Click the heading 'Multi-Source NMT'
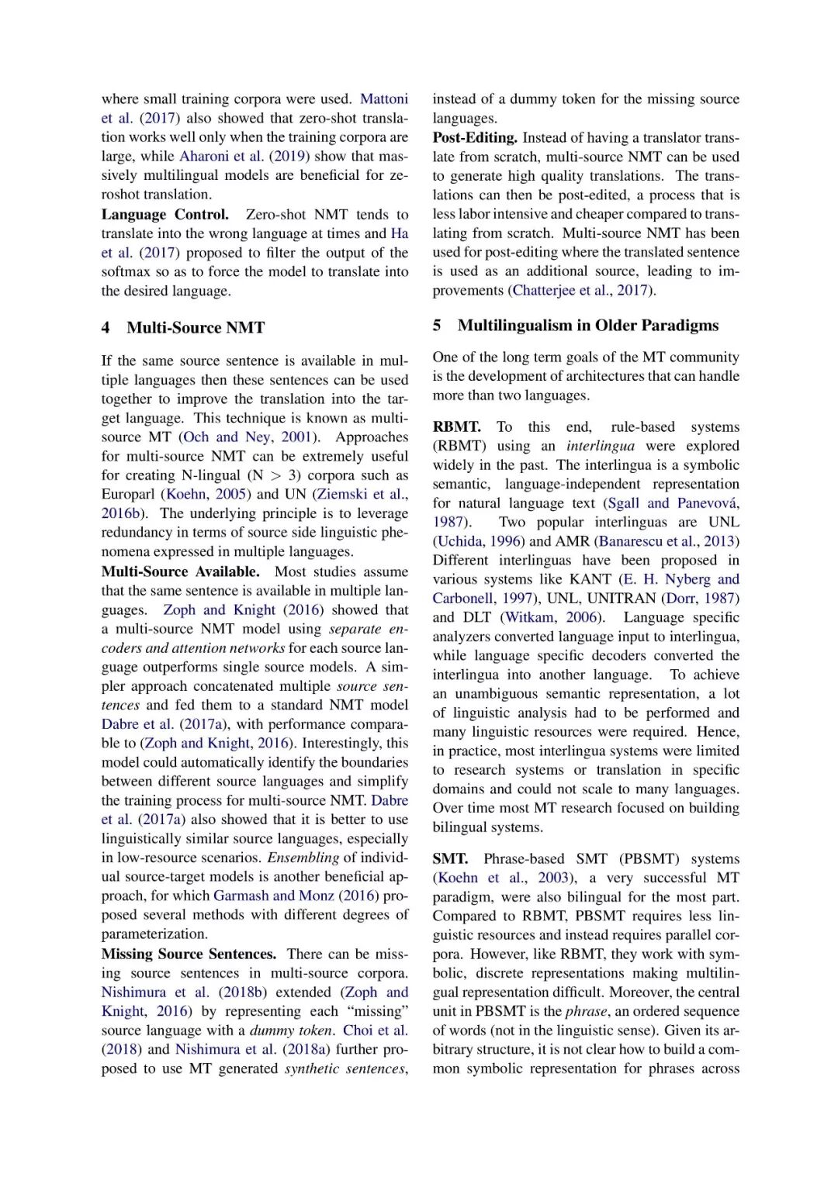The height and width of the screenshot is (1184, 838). [196, 328]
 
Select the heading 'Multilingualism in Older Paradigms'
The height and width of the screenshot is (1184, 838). [587, 326]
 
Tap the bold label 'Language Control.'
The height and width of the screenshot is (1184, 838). [164, 215]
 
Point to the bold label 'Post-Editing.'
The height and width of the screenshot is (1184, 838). [475, 138]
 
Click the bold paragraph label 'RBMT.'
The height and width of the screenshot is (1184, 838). [456, 427]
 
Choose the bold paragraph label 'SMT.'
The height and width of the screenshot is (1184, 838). [450, 859]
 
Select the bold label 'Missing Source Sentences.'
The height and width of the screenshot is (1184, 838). [189, 954]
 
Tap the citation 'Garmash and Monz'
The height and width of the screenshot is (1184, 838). [273, 896]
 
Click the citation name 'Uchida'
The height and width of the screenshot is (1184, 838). [459, 541]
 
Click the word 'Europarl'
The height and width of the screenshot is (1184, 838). [129, 495]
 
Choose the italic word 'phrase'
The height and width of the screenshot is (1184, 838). [586, 1012]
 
